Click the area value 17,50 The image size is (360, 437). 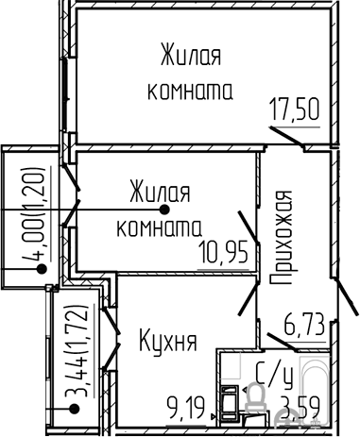[x=293, y=107]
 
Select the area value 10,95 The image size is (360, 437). [x=224, y=253]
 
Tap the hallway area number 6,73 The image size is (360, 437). [x=304, y=328]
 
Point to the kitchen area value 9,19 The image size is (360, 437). [x=189, y=409]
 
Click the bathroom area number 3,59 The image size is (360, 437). [x=304, y=409]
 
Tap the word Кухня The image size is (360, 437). [x=167, y=340]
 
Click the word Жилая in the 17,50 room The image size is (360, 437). [x=190, y=54]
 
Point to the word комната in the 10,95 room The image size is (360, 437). [x=160, y=227]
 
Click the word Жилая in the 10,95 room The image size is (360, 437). [x=158, y=193]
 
